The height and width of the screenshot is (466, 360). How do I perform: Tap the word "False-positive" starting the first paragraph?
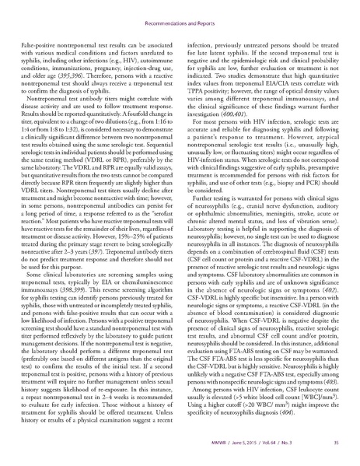tap(45, 29)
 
